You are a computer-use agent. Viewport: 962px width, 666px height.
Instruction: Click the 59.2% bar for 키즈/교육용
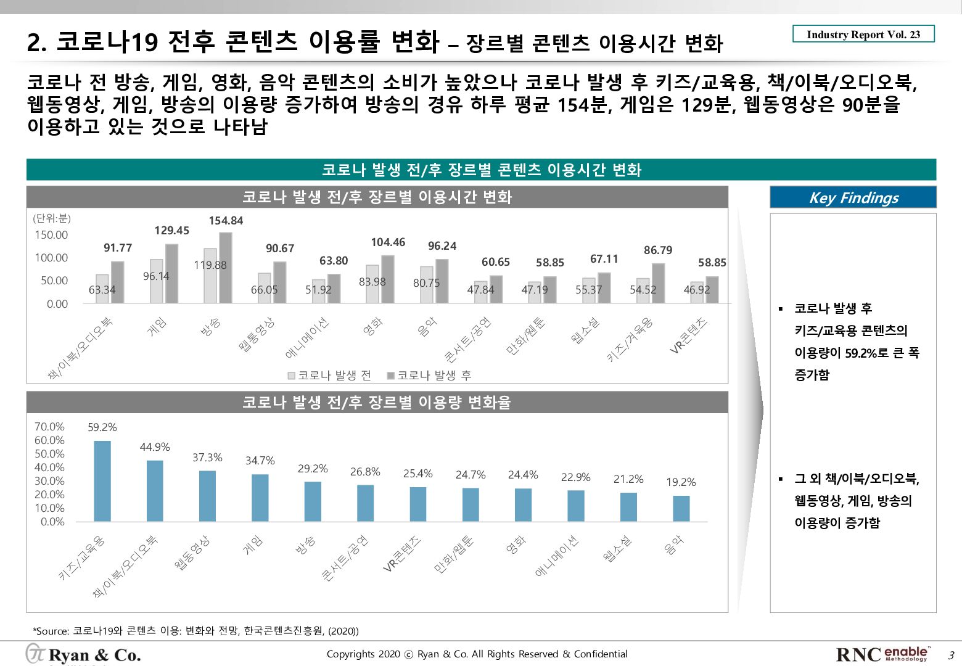pos(102,481)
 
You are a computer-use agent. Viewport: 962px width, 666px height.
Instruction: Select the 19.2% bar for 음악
pos(681,508)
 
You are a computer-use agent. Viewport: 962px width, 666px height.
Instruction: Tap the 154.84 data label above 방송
pos(226,221)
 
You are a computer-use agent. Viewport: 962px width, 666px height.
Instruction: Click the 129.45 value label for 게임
pos(171,231)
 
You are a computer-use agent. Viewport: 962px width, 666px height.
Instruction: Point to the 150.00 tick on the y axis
pos(51,235)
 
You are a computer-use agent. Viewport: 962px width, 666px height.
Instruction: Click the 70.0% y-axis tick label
pos(49,427)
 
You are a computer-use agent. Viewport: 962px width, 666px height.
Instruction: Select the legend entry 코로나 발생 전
pos(330,376)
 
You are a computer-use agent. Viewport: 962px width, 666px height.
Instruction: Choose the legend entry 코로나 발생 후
pos(429,376)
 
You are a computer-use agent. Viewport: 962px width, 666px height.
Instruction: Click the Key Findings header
pos(853,197)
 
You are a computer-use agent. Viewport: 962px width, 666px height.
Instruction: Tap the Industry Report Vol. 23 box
pos(863,35)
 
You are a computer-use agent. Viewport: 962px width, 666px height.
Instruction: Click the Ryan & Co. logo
pos(83,654)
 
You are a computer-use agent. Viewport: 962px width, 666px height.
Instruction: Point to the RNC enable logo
pos(882,654)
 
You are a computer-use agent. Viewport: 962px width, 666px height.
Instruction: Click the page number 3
pos(951,655)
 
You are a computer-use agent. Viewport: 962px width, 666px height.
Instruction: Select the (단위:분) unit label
pos(52,218)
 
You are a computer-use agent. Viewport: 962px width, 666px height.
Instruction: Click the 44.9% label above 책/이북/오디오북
pos(155,447)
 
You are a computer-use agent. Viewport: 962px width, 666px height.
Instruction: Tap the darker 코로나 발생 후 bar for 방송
pos(226,268)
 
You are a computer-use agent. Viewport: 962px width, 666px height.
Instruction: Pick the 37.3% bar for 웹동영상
pos(207,496)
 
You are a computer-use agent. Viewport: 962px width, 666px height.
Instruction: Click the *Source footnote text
pos(195,631)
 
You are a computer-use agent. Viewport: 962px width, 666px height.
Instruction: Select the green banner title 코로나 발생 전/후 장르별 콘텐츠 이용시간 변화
pos(481,170)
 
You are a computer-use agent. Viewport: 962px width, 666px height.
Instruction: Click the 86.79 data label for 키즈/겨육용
pos(658,250)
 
